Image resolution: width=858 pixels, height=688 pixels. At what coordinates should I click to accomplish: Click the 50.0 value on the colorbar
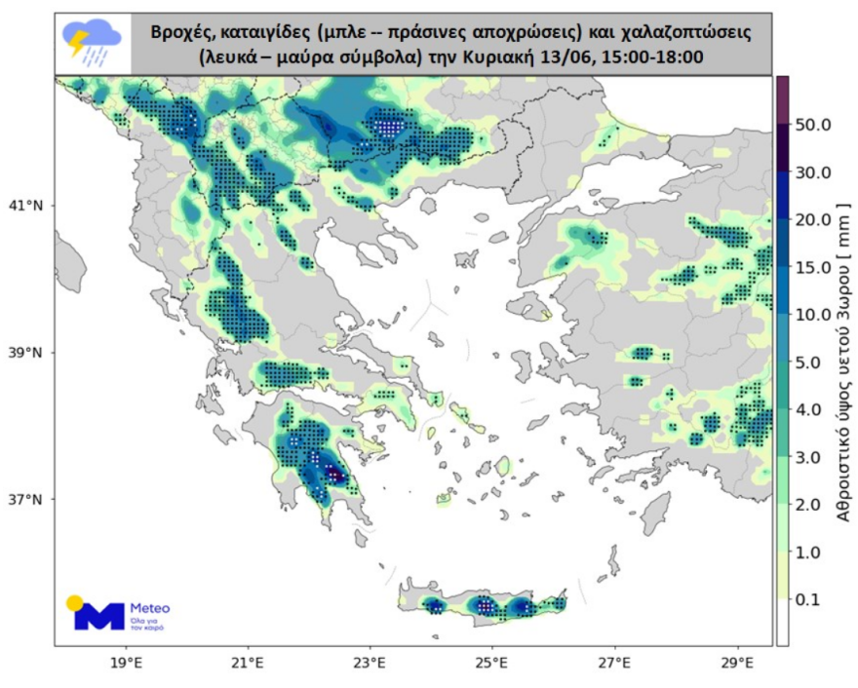(813, 126)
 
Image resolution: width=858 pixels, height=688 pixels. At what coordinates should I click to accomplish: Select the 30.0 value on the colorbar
(813, 173)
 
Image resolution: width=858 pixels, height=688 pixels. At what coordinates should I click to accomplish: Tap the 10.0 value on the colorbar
(813, 316)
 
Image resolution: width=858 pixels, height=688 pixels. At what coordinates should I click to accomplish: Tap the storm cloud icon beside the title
(92, 43)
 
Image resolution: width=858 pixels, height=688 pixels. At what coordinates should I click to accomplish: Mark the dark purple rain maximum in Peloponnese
(334, 476)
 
